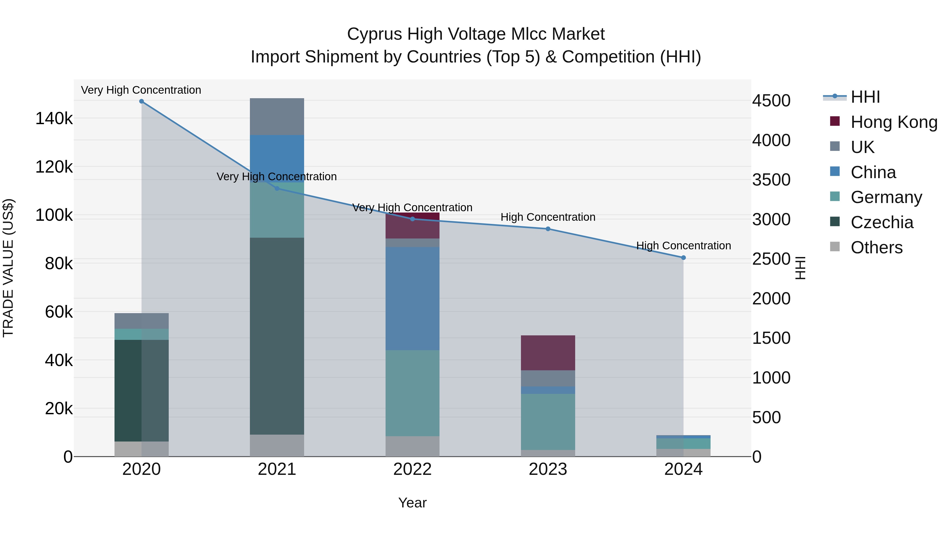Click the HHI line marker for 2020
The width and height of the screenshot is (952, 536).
141,101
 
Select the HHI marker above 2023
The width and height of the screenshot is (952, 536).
548,229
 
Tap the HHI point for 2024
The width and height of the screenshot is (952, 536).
683,258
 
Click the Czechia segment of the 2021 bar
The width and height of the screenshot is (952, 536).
277,336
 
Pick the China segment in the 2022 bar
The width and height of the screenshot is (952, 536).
413,299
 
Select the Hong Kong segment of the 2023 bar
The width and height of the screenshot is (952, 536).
548,353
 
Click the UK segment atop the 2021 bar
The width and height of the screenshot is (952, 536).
277,116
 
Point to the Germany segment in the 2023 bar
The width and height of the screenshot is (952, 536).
548,422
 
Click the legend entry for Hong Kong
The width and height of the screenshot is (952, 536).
894,122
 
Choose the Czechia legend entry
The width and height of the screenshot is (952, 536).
882,222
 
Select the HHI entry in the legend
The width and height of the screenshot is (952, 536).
865,97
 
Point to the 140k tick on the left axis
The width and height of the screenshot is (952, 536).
54,119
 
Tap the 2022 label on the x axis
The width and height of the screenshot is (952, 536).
413,469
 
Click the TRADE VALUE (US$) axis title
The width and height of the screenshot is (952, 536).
8,268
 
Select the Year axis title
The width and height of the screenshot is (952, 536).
413,503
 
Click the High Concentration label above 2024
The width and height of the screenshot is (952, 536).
683,246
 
